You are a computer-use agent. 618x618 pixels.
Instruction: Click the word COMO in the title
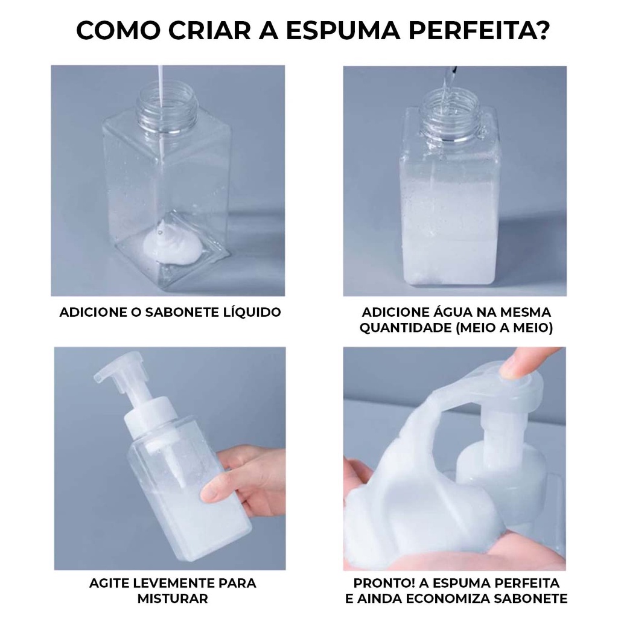click(118, 30)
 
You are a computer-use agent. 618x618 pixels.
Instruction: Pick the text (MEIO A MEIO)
click(504, 328)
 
